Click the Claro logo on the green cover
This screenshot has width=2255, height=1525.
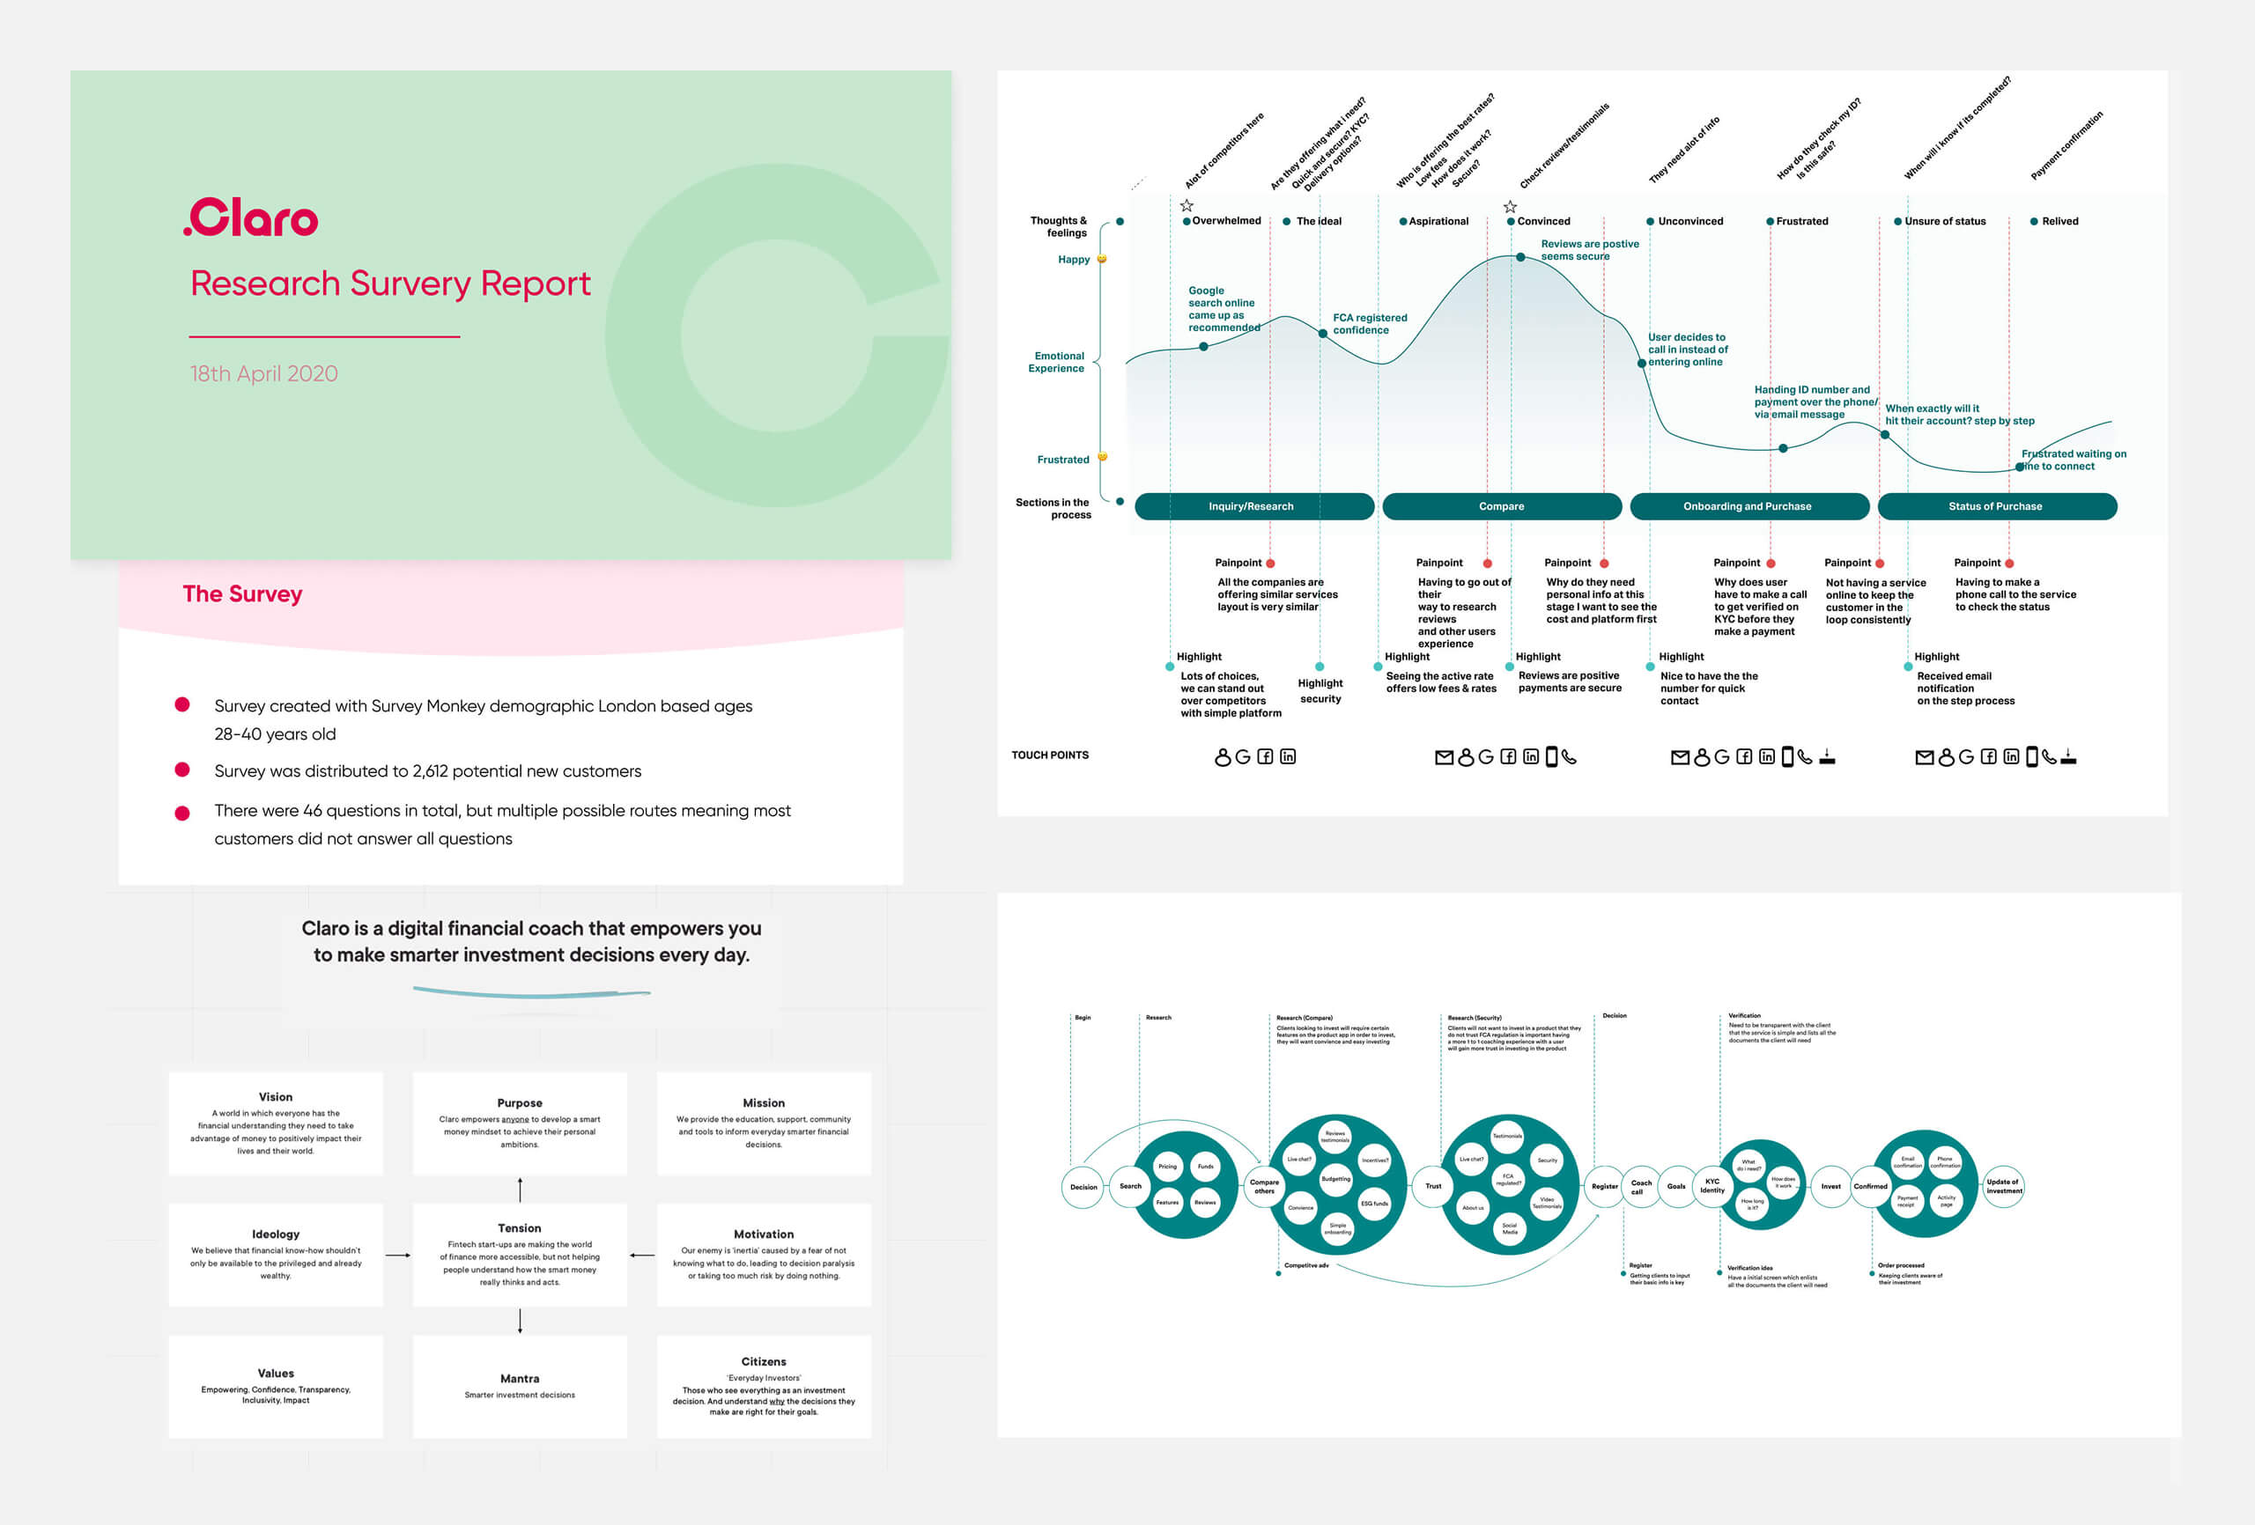[251, 218]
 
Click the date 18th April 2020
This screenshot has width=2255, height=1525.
[264, 373]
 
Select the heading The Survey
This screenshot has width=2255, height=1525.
[242, 593]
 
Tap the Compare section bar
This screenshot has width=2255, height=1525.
[1501, 506]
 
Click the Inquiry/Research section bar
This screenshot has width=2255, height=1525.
[1252, 506]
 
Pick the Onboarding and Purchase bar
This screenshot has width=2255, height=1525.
[1748, 506]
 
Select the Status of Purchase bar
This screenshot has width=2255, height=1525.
[1996, 506]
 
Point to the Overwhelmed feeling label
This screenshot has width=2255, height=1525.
[1226, 221]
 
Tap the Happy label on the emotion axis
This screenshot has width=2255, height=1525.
[1073, 260]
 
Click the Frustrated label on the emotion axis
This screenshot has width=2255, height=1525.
[1062, 460]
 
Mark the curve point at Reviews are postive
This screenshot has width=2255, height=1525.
[1520, 257]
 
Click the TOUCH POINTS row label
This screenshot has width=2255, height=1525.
[1050, 755]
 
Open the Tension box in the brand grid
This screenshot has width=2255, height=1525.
[520, 1255]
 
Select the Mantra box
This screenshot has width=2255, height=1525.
[520, 1385]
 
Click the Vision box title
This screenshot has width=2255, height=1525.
[276, 1097]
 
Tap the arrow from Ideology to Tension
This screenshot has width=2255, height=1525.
[398, 1256]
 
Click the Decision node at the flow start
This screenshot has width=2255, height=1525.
[1083, 1186]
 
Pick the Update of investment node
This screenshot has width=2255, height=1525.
[2003, 1185]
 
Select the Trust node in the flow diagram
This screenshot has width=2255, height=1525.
[1433, 1185]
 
